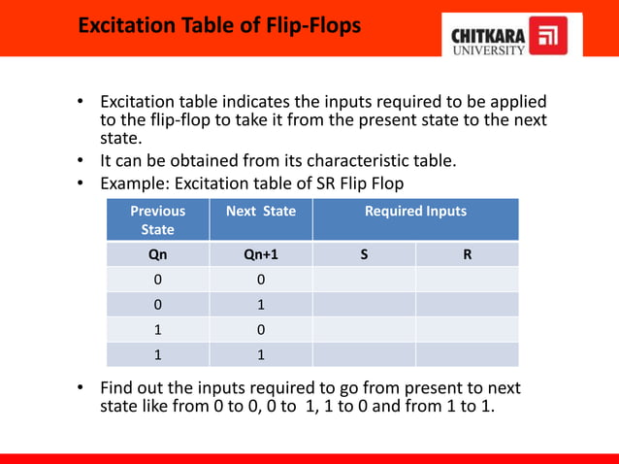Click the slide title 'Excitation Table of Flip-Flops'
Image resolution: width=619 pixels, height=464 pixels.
coord(219,25)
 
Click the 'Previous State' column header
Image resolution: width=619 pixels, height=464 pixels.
coord(158,220)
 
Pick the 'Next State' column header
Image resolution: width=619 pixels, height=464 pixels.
coord(260,211)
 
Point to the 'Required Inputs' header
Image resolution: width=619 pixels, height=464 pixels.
coord(415,211)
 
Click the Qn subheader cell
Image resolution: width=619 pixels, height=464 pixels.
coord(157,254)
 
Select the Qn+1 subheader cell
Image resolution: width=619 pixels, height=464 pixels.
coord(260,254)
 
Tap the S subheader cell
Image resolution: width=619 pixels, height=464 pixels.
coord(364,254)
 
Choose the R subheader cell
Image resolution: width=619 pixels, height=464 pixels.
coord(468,254)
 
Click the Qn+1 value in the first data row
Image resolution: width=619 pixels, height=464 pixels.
coord(260,280)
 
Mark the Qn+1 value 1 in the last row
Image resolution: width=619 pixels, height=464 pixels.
coord(260,355)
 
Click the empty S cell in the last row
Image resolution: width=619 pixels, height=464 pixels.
coord(364,355)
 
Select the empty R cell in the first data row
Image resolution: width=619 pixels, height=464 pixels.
coord(468,280)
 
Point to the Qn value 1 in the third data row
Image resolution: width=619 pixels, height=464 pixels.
coord(157,330)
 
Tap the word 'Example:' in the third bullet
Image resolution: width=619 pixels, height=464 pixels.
coord(134,182)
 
